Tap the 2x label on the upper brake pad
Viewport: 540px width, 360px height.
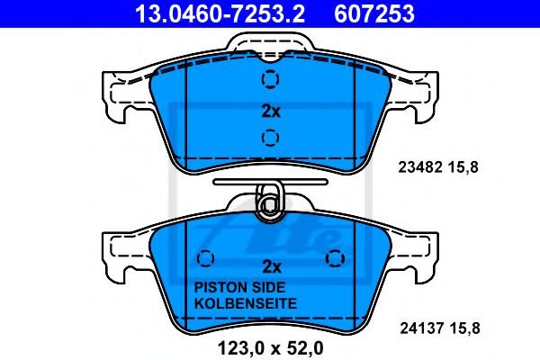pyautogui.click(x=271, y=112)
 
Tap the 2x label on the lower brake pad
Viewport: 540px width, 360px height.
pyautogui.click(x=271, y=266)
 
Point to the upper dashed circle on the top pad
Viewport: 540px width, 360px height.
pyautogui.click(x=269, y=81)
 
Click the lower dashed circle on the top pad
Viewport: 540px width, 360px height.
pyautogui.click(x=269, y=138)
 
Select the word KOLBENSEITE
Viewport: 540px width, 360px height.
pyautogui.click(x=244, y=304)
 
